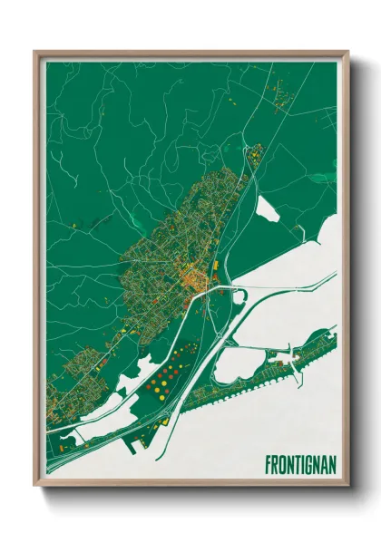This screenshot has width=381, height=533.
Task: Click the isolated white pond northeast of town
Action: coord(269,209)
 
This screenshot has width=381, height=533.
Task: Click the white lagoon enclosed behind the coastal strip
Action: coord(238,363)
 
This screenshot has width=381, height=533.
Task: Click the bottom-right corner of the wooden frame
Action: coord(347,490)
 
